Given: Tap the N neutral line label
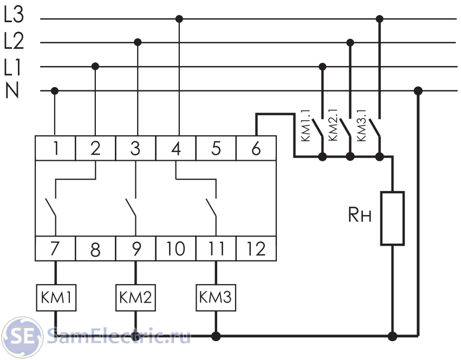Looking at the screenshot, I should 12,90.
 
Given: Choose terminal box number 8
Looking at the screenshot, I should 95,249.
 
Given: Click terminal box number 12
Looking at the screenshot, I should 256,249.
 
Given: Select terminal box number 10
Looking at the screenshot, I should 176,249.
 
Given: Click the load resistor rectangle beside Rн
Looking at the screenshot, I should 393,218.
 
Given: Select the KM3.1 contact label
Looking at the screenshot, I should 363,126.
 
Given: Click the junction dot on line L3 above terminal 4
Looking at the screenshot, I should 179,19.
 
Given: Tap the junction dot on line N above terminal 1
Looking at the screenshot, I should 55,90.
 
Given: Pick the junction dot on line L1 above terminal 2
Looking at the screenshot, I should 95,66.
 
